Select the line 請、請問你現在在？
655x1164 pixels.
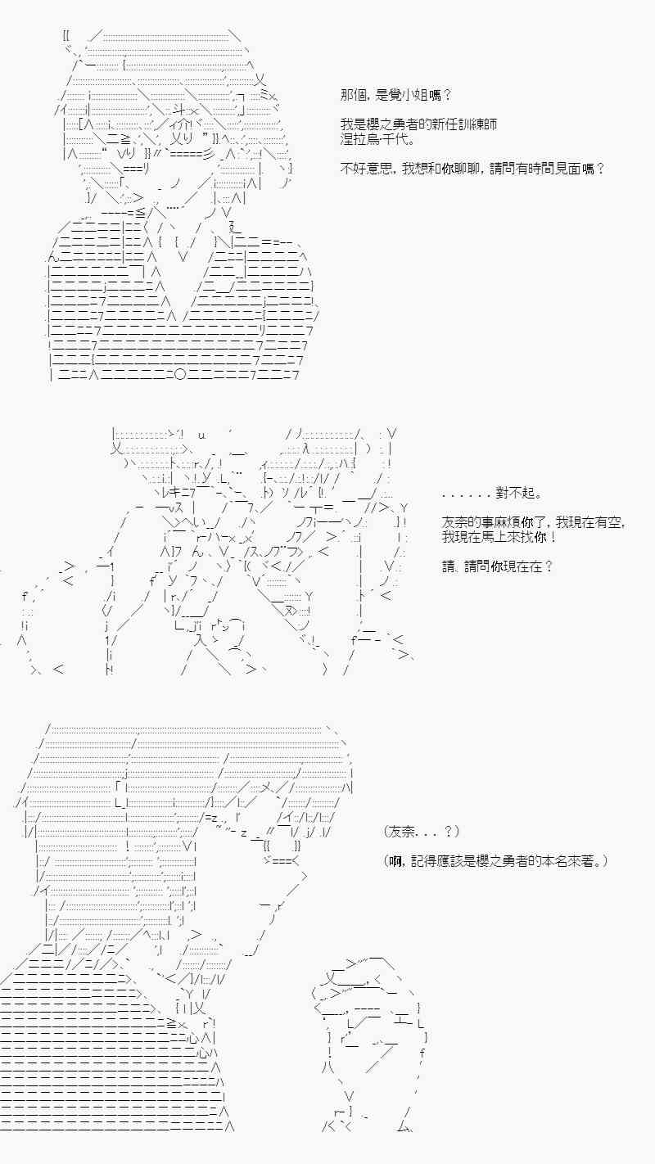[x=497, y=566]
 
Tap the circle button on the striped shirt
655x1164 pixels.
[x=181, y=375]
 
